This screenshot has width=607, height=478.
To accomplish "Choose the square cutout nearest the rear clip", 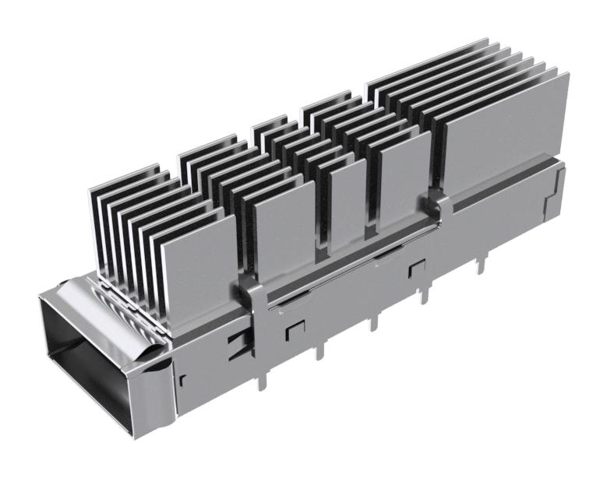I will point(413,269).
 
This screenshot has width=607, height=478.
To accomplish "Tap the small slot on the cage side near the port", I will point(182,381).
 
